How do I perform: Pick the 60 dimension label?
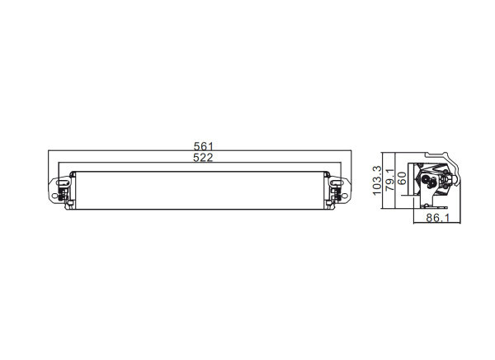click(x=402, y=177)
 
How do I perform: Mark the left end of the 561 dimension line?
click(x=50, y=152)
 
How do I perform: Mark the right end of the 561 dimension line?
click(x=352, y=152)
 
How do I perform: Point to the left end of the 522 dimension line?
click(x=70, y=163)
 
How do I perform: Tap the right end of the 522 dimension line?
click(x=333, y=163)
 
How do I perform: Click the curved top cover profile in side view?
click(x=437, y=157)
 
